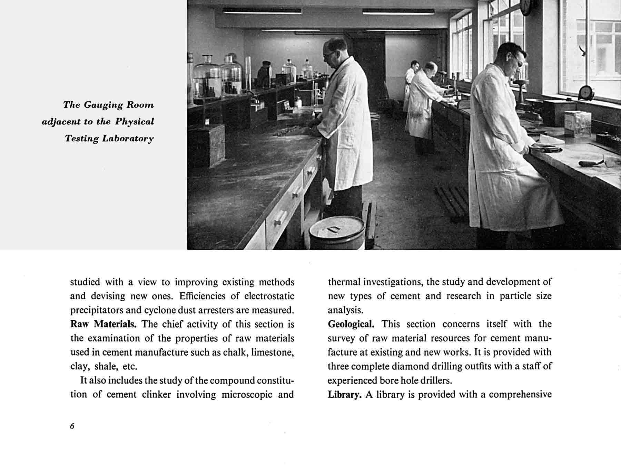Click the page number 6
72,426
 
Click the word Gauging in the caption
101,105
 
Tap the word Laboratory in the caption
128,139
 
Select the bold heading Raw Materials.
103,324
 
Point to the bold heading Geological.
351,324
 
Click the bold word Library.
344,395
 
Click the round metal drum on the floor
337,232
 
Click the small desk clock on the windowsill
585,93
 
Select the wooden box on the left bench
206,145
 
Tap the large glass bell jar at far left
207,76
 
